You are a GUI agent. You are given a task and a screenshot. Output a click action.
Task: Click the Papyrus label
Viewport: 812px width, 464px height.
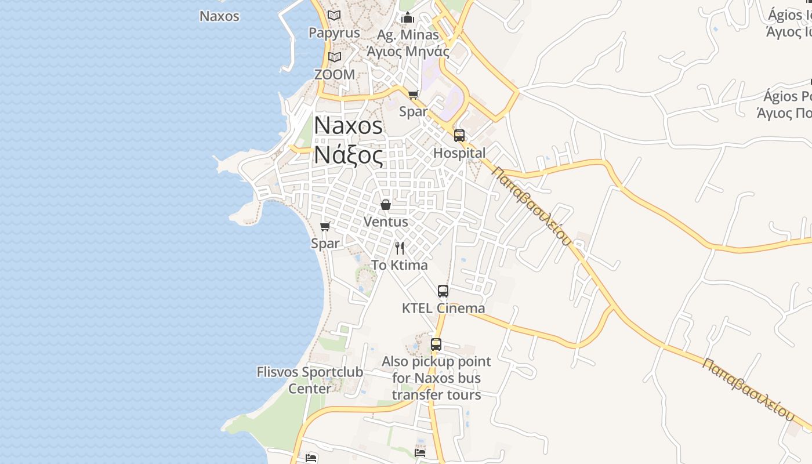click(x=334, y=33)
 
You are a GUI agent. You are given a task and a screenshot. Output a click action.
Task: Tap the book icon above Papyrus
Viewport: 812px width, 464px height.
click(x=334, y=15)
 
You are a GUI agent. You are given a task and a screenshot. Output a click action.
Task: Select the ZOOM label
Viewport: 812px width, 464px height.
click(x=334, y=74)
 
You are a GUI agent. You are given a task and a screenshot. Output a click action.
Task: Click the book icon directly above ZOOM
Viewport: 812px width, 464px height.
click(x=334, y=57)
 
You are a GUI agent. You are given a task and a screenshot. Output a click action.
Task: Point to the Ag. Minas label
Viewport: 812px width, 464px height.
click(x=408, y=35)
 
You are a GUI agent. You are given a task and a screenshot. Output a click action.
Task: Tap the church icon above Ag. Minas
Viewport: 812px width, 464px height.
click(x=407, y=17)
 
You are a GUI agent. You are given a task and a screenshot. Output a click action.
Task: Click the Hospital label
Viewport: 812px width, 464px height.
click(x=459, y=153)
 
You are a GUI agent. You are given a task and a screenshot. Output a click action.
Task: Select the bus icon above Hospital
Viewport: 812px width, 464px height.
click(x=459, y=136)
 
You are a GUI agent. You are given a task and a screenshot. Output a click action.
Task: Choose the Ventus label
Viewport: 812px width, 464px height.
click(x=386, y=222)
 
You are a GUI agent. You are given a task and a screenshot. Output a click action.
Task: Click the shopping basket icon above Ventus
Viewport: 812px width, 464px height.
click(x=386, y=205)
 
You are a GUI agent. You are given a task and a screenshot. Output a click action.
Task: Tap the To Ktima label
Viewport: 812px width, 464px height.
click(x=399, y=265)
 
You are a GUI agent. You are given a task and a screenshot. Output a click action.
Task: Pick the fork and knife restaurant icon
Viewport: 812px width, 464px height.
click(x=400, y=248)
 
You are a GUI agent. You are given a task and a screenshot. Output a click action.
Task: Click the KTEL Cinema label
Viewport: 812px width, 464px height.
click(x=443, y=308)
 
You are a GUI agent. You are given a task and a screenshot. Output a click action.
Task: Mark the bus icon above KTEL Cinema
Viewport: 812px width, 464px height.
click(x=443, y=291)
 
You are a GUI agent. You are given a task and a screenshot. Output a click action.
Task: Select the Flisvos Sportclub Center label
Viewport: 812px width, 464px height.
click(x=310, y=380)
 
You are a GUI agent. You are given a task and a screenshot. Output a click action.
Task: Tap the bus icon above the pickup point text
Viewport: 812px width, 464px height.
click(x=436, y=345)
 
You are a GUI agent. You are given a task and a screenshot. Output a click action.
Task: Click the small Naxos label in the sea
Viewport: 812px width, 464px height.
click(x=219, y=16)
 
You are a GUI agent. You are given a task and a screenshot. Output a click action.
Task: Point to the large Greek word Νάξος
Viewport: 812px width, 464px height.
click(x=349, y=155)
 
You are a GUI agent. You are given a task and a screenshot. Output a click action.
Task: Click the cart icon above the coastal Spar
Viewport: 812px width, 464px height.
click(x=325, y=226)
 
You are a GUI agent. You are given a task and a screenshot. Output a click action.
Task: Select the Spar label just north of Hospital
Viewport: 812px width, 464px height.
click(x=413, y=111)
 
